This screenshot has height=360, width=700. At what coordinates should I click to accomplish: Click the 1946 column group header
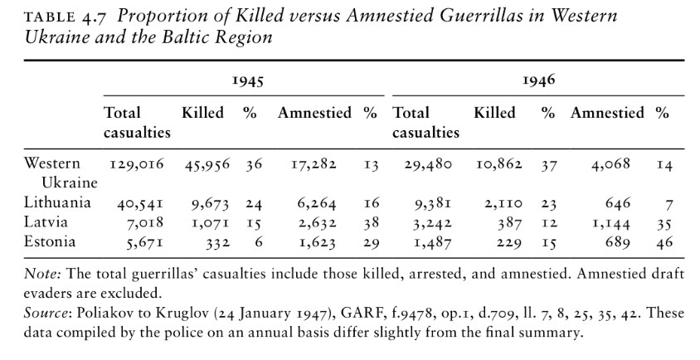point(539,81)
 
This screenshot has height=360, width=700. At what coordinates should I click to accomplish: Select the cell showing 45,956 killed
point(207,164)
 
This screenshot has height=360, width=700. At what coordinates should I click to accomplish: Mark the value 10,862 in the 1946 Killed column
point(498,164)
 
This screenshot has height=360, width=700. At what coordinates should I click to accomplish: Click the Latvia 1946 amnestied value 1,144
point(613,223)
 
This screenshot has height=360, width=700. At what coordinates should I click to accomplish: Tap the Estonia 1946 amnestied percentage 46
point(663,242)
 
